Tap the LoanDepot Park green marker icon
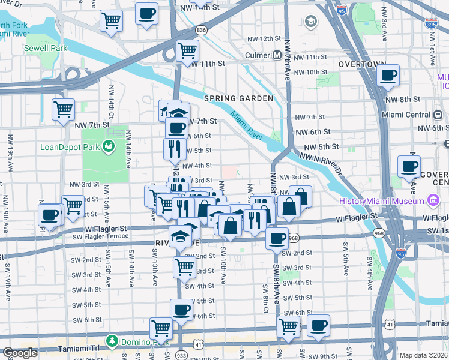pyautogui.click(x=109, y=146)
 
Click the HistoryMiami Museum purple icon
pyautogui.click(x=433, y=200)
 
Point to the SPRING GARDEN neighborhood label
pyautogui.click(x=238, y=98)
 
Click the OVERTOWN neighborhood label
pyautogui.click(x=361, y=64)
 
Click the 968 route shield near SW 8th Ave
pyautogui.click(x=293, y=238)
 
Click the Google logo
pyautogui.click(x=20, y=353)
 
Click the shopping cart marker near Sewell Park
pyautogui.click(x=111, y=21)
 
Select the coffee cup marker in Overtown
pyautogui.click(x=388, y=76)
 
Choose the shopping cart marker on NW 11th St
pyautogui.click(x=187, y=51)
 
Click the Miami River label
pyautogui.click(x=246, y=119)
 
